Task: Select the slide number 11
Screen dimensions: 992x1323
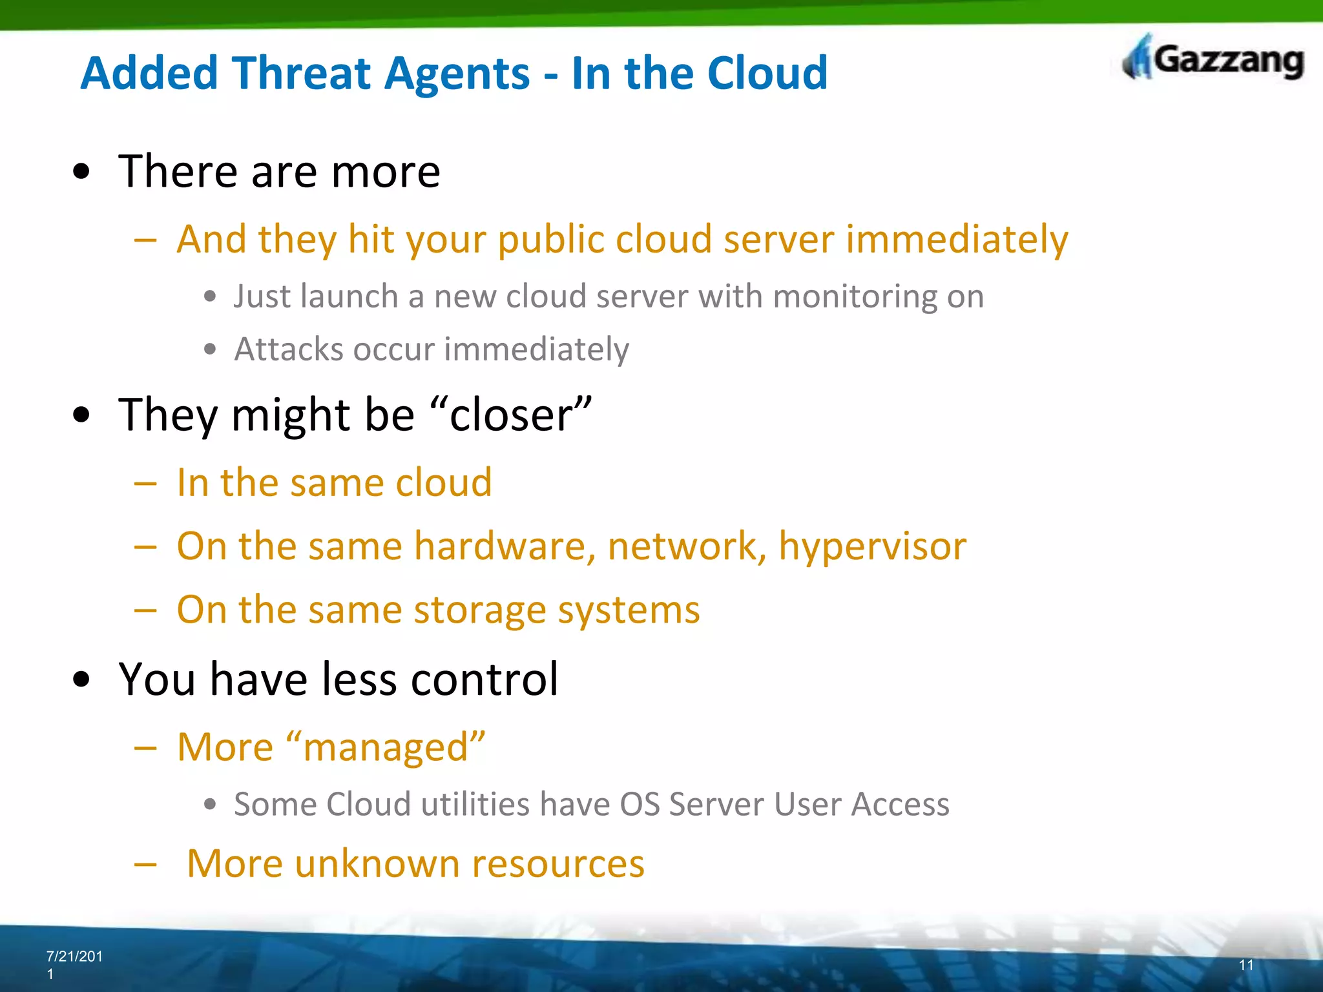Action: point(1246,965)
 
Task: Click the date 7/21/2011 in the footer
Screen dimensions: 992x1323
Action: point(74,964)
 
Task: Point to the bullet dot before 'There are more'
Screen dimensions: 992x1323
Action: point(82,172)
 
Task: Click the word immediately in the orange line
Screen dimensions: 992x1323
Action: point(957,240)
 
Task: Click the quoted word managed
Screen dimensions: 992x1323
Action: point(385,748)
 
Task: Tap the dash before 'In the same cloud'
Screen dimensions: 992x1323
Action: point(146,483)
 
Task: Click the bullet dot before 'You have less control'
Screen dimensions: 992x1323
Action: point(82,679)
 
